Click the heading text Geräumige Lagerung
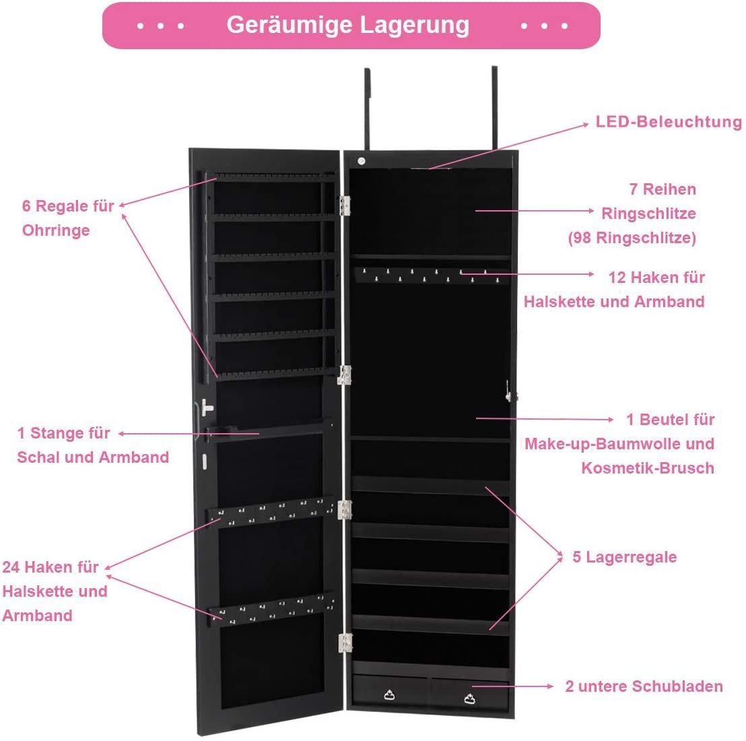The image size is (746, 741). coord(348,25)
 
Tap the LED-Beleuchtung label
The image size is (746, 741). coord(669,122)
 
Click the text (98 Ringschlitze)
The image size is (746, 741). coord(632,238)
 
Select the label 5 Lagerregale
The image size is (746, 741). coord(624,557)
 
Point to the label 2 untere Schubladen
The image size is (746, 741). coord(644,686)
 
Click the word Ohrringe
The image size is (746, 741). coord(56,230)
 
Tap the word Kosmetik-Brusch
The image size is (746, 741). coord(648,468)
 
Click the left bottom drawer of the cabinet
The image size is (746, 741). coord(390,693)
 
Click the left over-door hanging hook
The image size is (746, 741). coord(368,109)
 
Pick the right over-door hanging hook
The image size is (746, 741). coord(494,108)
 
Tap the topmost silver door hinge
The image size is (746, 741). coord(345,205)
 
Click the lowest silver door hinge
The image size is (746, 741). coord(345,643)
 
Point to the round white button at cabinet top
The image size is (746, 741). coord(361,161)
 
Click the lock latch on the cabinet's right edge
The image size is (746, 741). coord(510,392)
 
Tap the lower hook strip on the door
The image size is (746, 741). coord(272,609)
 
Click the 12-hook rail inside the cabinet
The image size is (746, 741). coord(431,276)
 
